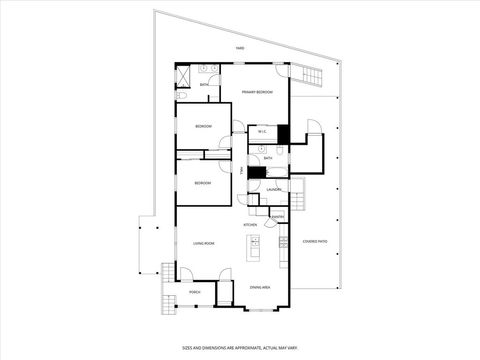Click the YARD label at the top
(240, 48)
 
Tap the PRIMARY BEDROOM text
(257, 92)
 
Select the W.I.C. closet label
(260, 132)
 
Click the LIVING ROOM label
(204, 243)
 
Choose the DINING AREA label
(259, 287)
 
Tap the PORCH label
(195, 292)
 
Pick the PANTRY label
(278, 216)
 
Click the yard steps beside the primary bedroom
(312, 77)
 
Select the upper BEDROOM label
(203, 127)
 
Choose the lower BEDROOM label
(203, 182)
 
